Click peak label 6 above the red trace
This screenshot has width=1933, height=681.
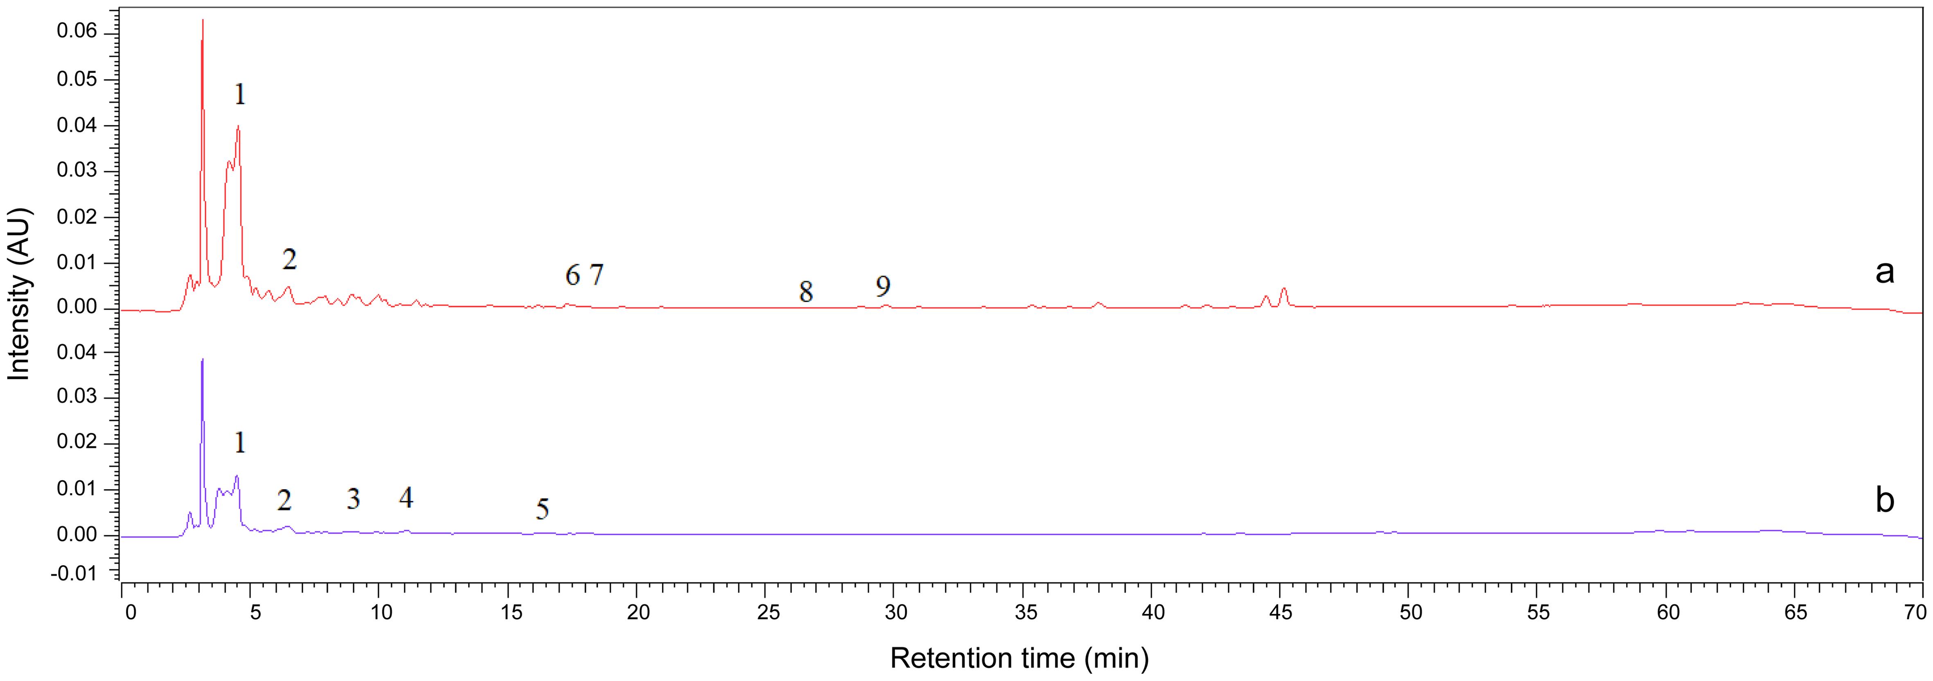(572, 276)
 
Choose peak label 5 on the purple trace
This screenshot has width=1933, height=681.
(543, 510)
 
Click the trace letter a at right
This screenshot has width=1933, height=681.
(1884, 273)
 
